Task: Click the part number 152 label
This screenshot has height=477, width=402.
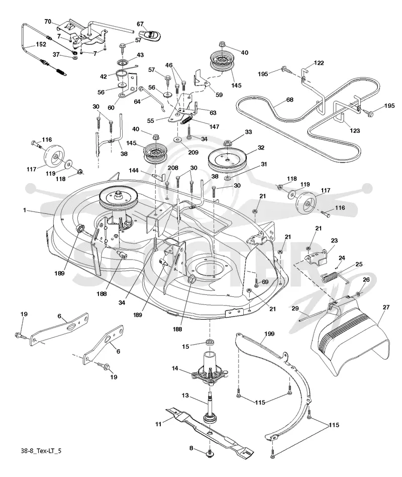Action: (41, 44)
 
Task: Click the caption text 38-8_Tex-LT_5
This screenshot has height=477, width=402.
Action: (41, 450)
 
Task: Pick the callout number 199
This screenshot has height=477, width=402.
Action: (269, 334)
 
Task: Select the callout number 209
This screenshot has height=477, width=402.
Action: (193, 152)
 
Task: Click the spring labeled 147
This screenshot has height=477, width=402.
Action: (188, 120)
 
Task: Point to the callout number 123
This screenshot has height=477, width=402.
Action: (355, 131)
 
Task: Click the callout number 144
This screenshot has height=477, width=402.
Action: (134, 171)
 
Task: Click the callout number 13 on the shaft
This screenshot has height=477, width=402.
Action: (185, 395)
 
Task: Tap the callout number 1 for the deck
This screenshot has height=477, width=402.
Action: (25, 210)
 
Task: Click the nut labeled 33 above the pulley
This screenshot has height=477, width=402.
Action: (227, 142)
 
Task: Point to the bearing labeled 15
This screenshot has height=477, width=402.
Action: (209, 342)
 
